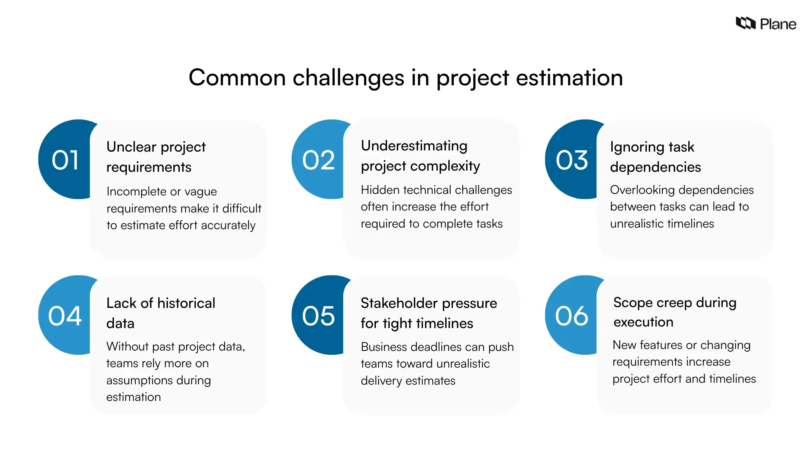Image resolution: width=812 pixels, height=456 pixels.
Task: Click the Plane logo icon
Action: [745, 23]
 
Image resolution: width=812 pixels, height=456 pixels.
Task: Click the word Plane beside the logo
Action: [777, 24]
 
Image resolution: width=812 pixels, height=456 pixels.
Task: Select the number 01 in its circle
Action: [65, 160]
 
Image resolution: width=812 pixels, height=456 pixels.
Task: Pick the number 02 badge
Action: [318, 160]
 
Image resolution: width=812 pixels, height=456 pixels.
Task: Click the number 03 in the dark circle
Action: [572, 160]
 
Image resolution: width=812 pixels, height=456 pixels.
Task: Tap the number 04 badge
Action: [65, 316]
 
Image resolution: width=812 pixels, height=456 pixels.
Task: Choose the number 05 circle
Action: [318, 316]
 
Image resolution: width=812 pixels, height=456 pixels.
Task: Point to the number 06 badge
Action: [572, 316]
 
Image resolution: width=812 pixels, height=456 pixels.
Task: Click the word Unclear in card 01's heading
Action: [131, 147]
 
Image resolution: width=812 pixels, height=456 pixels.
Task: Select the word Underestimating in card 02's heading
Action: [414, 146]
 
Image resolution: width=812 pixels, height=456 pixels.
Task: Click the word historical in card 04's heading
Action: [186, 303]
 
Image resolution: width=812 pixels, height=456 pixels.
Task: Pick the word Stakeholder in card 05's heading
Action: [399, 303]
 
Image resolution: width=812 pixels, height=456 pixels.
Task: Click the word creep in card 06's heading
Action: [674, 303]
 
